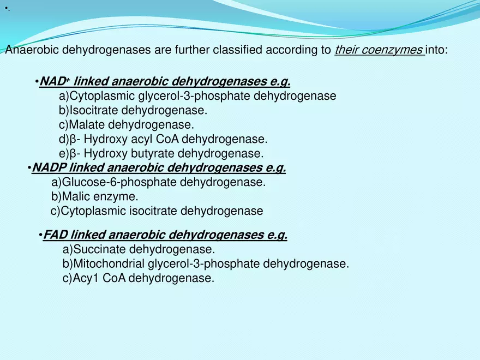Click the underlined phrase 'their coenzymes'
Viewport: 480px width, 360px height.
(378, 51)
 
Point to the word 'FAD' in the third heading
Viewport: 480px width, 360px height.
(55, 235)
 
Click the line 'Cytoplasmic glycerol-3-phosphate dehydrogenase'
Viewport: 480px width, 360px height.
(197, 96)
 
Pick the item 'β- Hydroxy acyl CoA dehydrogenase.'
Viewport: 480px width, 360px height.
(163, 139)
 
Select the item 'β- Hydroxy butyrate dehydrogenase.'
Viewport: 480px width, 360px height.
(161, 153)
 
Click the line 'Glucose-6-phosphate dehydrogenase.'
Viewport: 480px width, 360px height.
(158, 182)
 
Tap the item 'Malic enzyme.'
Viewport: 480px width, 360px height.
(94, 196)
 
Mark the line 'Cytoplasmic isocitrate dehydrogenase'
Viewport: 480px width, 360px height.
(157, 211)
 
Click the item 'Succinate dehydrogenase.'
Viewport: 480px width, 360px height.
(139, 250)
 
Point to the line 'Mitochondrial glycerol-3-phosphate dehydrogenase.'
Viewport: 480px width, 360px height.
(206, 264)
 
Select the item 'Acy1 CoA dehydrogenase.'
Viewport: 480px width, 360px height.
(138, 278)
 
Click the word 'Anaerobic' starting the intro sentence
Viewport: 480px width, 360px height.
(31, 51)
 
